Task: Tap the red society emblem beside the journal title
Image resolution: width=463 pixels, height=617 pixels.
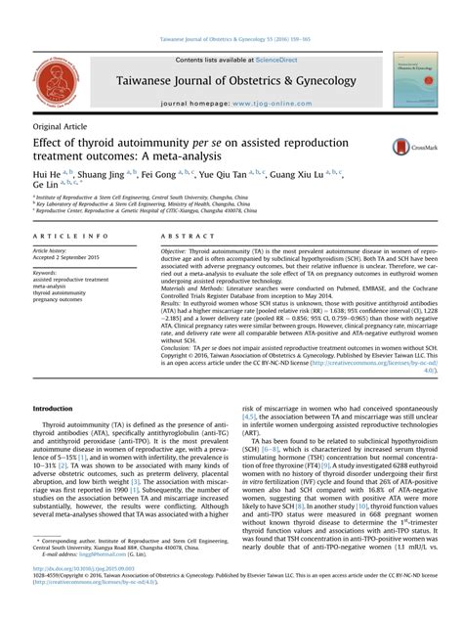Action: pos(55,81)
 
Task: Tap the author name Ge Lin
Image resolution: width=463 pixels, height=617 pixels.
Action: pos(46,183)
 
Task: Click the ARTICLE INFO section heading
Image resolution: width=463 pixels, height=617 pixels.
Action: pos(70,237)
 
